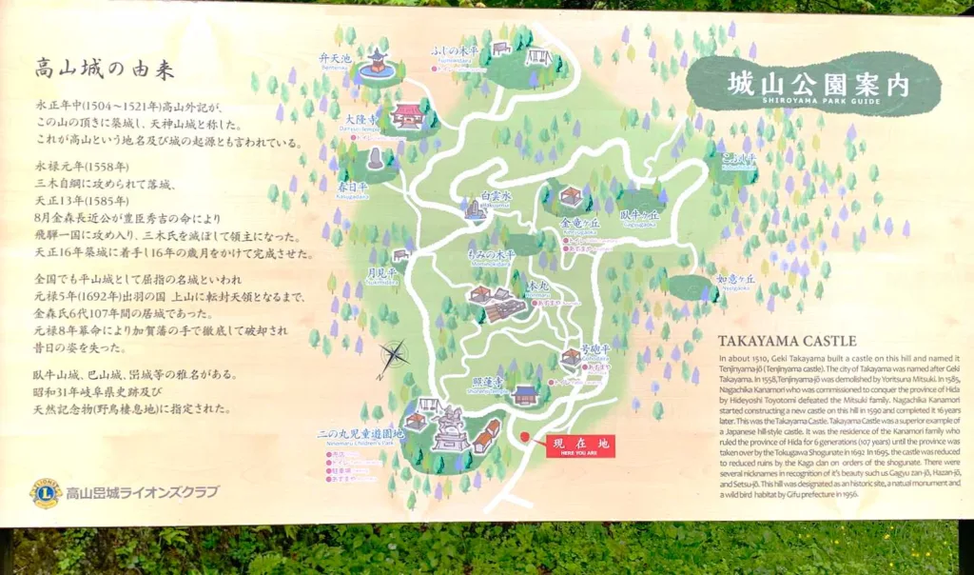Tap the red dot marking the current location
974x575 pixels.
[x=525, y=439]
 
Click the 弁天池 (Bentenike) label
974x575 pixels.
[x=336, y=60]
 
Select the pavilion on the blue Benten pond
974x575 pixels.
[x=379, y=62]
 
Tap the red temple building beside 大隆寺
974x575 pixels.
[x=407, y=116]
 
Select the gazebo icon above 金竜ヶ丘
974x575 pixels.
[x=570, y=197]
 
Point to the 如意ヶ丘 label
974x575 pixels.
[x=734, y=278]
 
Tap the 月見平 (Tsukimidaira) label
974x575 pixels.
[x=381, y=273]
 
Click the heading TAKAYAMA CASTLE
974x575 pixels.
[x=788, y=341]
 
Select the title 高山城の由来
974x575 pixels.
[x=105, y=69]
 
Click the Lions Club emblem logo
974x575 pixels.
[x=45, y=492]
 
